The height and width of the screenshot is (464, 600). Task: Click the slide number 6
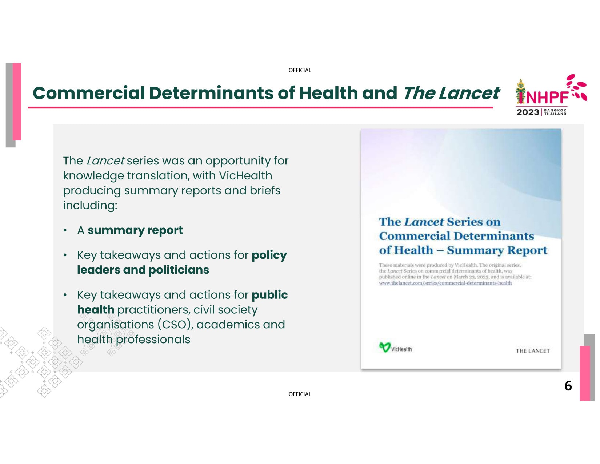pyautogui.click(x=568, y=385)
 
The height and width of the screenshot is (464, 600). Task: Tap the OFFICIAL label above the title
pyautogui.click(x=300, y=70)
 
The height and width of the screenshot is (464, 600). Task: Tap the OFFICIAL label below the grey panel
pyautogui.click(x=300, y=394)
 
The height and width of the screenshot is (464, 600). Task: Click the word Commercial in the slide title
pyautogui.click(x=89, y=93)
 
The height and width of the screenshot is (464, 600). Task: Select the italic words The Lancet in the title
pyautogui.click(x=451, y=93)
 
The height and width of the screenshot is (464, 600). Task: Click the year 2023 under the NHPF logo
pyautogui.click(x=528, y=112)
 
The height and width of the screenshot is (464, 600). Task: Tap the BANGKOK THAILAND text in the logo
pyautogui.click(x=555, y=112)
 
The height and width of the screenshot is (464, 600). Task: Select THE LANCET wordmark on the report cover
pyautogui.click(x=533, y=351)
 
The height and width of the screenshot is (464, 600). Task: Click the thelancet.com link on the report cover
pyautogui.click(x=445, y=283)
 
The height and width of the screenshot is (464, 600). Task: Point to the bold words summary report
pyautogui.click(x=135, y=230)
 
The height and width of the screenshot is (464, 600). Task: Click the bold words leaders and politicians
pyautogui.click(x=143, y=270)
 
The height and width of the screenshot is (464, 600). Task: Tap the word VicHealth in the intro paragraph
pyautogui.click(x=245, y=175)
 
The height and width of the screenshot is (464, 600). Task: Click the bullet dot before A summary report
pyautogui.click(x=65, y=230)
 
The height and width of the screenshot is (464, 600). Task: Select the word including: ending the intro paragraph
pyautogui.click(x=90, y=206)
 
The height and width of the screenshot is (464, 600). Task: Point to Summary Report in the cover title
pyautogui.click(x=497, y=250)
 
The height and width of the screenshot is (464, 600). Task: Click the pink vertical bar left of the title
pyautogui.click(x=17, y=102)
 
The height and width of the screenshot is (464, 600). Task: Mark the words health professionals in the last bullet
pyautogui.click(x=134, y=340)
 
